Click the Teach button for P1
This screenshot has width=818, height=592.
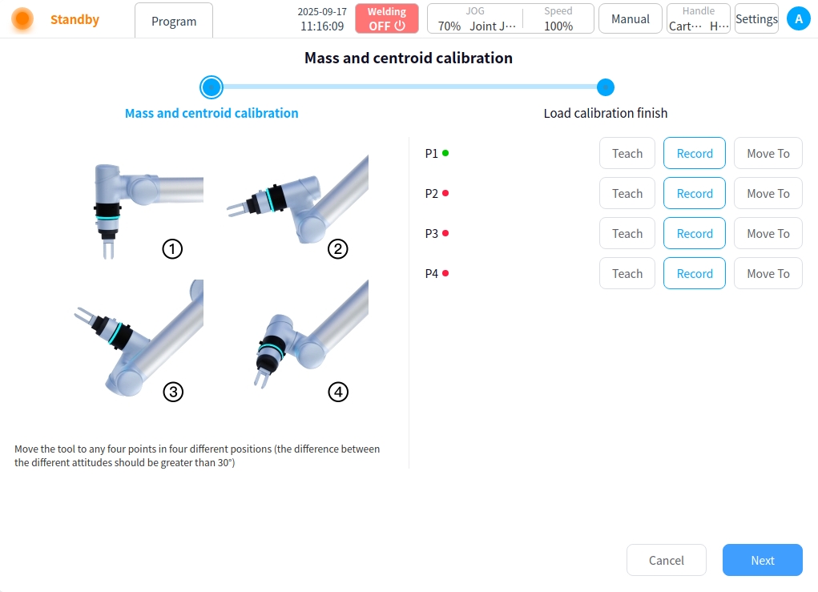[627, 153]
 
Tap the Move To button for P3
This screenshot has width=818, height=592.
[768, 234]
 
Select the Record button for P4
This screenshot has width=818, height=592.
[695, 273]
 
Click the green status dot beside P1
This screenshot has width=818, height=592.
[445, 153]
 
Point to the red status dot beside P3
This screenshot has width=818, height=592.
[445, 233]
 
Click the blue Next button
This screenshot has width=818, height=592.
[762, 560]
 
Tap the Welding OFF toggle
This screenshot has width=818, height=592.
[387, 18]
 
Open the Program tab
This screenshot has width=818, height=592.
[174, 21]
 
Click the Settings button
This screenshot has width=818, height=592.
[756, 18]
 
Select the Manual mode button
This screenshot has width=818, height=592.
[631, 18]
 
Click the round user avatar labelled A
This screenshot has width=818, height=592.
[798, 18]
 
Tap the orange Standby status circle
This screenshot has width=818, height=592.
[22, 18]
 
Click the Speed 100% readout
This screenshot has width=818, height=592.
[558, 18]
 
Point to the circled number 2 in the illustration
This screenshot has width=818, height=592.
[337, 249]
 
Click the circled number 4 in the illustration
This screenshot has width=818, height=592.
[338, 392]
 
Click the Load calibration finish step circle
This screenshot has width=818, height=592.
[605, 87]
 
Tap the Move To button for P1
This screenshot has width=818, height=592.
[768, 153]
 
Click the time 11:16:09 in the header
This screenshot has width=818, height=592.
[322, 26]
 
